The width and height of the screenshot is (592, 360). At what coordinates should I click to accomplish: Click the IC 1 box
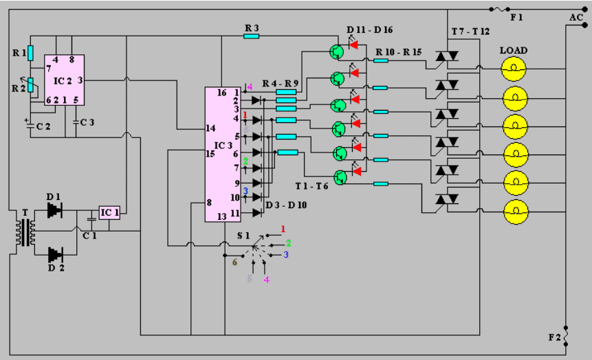(109, 213)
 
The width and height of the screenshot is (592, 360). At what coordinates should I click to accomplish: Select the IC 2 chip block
(64, 80)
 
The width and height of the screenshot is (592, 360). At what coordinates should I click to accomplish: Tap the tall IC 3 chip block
(222, 155)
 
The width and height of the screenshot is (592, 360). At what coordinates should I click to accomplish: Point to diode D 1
(54, 209)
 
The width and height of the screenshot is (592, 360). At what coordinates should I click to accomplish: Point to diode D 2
(54, 256)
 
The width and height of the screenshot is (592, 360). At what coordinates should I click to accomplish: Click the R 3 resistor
(252, 36)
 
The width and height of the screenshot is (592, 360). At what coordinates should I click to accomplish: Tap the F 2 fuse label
(553, 337)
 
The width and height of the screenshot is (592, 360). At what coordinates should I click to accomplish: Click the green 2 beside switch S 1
(289, 243)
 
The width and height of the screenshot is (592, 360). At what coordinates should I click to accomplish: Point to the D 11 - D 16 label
(370, 30)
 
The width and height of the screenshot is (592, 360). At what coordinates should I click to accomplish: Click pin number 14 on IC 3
(210, 128)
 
